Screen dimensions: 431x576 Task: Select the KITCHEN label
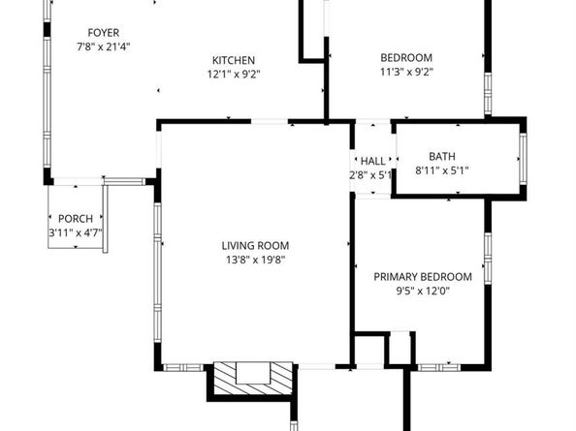234,59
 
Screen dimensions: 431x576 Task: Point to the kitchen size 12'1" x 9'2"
234,74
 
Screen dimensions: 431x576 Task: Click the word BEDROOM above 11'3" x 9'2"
405,57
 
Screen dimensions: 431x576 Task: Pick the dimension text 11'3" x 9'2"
405,72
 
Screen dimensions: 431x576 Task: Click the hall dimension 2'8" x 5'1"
371,175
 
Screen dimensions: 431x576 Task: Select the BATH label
442,156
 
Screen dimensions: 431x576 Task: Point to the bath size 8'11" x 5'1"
442,170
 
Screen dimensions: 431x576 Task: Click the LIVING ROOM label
254,245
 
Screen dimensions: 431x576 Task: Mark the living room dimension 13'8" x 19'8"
254,260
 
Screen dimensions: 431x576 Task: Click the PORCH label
75,219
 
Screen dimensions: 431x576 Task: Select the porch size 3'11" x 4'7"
75,233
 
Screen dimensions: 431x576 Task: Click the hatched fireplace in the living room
252,377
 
